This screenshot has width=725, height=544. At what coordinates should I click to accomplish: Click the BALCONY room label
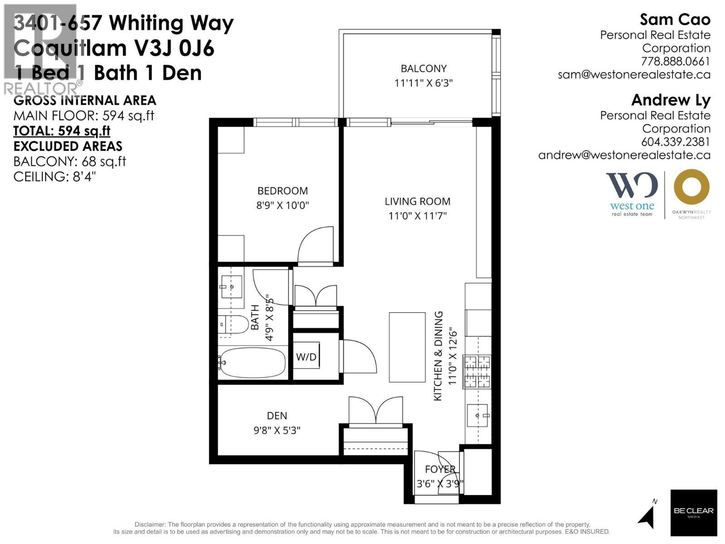[423, 68]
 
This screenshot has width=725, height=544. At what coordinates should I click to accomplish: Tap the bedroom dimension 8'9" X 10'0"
[282, 205]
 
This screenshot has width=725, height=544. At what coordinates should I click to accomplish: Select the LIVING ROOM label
[417, 201]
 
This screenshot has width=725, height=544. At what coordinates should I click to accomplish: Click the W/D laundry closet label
[306, 357]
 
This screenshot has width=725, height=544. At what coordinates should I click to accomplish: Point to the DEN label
[276, 416]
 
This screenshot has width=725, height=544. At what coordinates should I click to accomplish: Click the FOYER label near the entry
[440, 470]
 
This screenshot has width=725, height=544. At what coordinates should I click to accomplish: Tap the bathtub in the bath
[252, 363]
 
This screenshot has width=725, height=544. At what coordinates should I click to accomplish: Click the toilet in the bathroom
[232, 325]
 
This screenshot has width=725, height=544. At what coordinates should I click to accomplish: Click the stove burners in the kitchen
[477, 372]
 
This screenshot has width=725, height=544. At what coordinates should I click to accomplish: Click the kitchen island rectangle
[407, 347]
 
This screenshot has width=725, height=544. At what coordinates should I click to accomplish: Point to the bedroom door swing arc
[315, 244]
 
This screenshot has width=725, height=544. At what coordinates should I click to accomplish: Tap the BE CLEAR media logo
[693, 513]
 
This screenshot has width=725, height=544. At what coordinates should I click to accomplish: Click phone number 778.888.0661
[675, 61]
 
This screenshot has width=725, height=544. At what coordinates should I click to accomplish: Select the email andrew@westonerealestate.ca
[624, 155]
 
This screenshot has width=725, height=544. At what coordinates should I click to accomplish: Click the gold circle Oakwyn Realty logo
[691, 187]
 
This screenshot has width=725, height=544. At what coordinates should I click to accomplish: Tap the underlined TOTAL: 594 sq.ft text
[62, 131]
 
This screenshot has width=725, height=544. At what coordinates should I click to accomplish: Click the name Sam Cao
[675, 19]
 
